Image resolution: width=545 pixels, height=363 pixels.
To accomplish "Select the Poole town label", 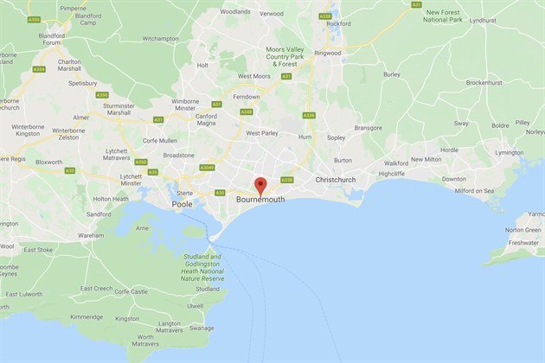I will tap(183, 205).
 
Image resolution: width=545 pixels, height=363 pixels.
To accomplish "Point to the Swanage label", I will tap(202, 328).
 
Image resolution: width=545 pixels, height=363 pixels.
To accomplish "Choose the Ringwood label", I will tap(328, 53).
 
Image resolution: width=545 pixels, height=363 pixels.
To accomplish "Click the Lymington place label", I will tap(509, 152).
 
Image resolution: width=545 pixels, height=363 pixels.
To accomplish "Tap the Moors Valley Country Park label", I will tap(285, 57).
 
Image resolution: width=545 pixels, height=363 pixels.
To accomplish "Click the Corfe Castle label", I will tap(132, 291).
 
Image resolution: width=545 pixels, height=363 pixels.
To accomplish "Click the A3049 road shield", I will tap(207, 168).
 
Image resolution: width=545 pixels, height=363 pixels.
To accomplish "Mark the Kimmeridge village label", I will tap(87, 318).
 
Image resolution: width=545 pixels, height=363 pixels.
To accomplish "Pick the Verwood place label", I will tap(272, 14).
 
